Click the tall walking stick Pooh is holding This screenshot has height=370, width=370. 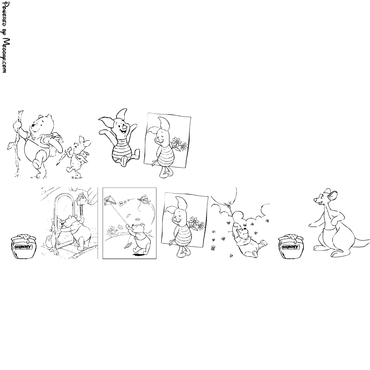(x=17, y=142)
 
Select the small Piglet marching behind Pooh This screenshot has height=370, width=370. (x=78, y=157)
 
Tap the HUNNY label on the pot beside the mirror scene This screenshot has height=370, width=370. (x=23, y=247)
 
